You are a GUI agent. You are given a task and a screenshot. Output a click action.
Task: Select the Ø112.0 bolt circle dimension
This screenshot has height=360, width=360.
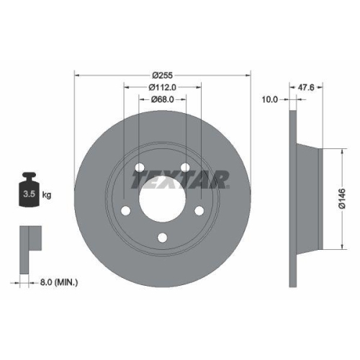click(162, 87)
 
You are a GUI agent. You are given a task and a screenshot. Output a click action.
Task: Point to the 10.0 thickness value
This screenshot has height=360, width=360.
click(270, 99)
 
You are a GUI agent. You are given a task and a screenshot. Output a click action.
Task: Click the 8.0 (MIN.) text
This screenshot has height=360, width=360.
click(60, 283)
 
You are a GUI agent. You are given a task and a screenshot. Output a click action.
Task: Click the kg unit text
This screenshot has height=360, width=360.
click(47, 195)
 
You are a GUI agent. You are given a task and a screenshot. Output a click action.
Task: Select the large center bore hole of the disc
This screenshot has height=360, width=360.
click(162, 198)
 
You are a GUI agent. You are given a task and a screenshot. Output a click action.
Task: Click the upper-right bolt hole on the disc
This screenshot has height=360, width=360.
click(186, 168)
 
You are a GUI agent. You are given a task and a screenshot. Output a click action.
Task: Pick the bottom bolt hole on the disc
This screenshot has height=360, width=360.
click(162, 238)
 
